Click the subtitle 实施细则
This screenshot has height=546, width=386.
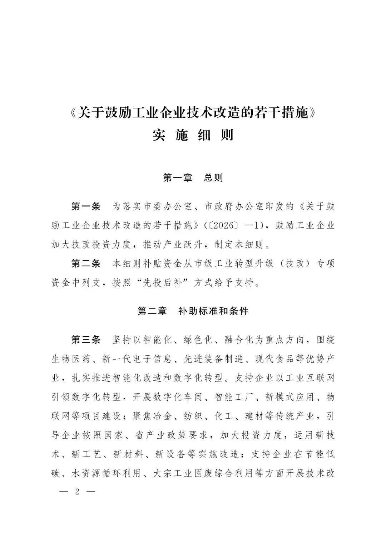pos(193,135)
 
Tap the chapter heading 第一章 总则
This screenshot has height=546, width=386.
pos(193,177)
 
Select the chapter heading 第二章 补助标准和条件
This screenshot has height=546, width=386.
pos(193,311)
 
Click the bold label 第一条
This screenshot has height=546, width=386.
pos(86,206)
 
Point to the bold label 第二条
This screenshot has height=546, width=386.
pos(86,264)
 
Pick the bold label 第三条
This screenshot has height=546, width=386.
pos(86,340)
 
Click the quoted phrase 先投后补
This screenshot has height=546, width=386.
pos(168,283)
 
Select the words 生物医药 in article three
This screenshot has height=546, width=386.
pos(71,359)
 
